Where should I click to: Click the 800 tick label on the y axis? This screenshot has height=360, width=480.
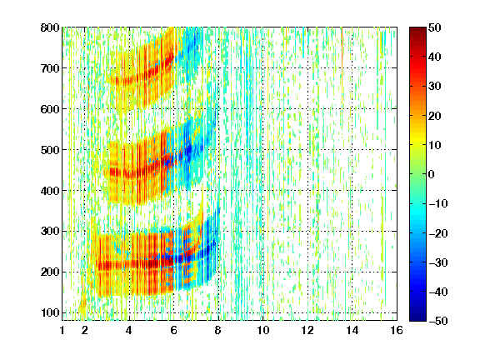point(50,27)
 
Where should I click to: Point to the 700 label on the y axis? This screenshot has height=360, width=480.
point(50,68)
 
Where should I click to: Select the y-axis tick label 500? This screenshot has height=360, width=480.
point(50,150)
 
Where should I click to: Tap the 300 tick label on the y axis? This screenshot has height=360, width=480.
point(50,232)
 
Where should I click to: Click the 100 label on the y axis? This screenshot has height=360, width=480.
point(50,312)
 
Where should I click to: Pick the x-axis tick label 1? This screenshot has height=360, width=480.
point(62,330)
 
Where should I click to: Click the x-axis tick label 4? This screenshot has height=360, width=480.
point(129,330)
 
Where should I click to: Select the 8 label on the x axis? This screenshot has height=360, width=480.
point(218,330)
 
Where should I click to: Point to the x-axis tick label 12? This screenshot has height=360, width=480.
point(307,330)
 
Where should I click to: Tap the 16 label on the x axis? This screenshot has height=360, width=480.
point(397,330)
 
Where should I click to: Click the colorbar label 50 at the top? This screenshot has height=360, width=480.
point(434,27)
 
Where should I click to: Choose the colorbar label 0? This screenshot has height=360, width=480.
point(432,174)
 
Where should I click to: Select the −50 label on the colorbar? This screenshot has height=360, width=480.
point(438,321)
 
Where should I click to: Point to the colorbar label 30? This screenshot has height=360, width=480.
point(434,87)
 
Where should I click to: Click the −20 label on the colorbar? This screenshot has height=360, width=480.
point(438,233)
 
